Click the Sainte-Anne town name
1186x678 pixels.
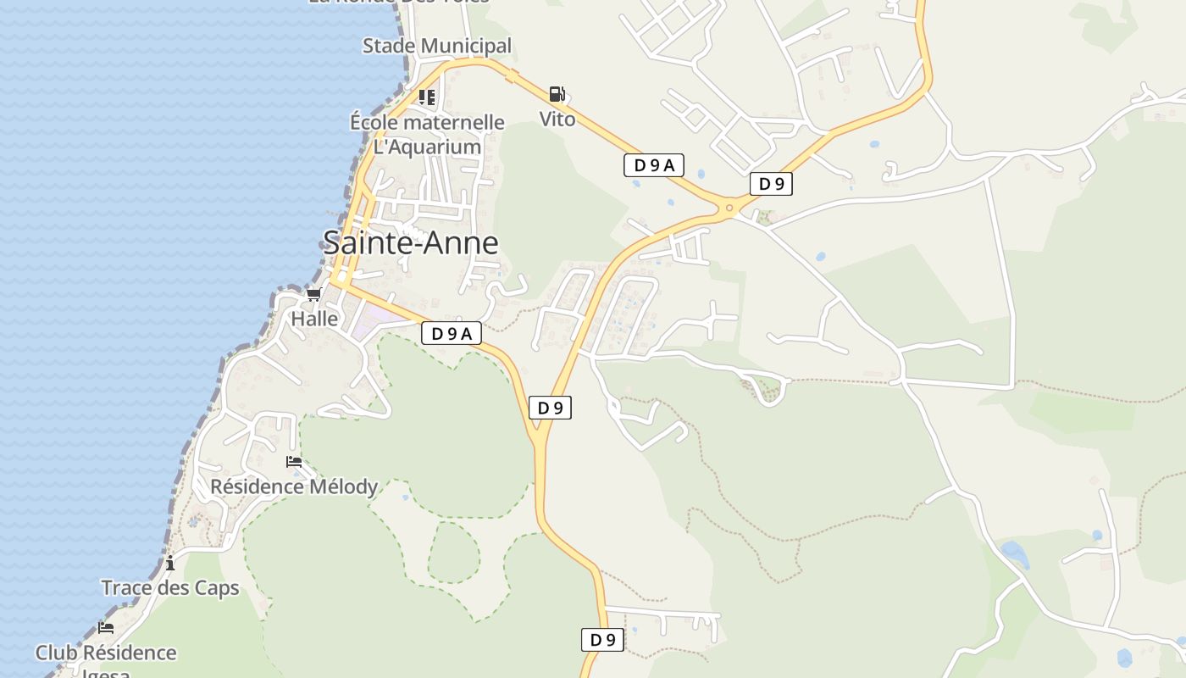(x=411, y=243)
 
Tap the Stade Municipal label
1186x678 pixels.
(x=437, y=46)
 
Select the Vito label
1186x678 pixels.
(x=557, y=119)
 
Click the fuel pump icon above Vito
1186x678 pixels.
(x=557, y=94)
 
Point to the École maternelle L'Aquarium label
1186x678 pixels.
(x=427, y=134)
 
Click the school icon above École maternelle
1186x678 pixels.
(x=427, y=97)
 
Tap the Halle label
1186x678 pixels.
(x=314, y=320)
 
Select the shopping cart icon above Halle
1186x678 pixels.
(x=313, y=294)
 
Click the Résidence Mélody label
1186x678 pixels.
(x=294, y=487)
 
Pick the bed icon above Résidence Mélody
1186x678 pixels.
(x=294, y=462)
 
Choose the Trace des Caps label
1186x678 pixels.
(x=170, y=588)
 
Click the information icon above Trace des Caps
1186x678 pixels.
(x=170, y=563)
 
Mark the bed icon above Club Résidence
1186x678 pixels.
(x=106, y=628)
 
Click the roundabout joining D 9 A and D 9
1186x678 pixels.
(x=729, y=208)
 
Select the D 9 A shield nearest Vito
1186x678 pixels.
(x=653, y=165)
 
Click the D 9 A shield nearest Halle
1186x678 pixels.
(x=452, y=334)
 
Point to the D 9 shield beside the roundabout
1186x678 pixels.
(x=771, y=184)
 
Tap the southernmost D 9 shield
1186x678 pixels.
(x=602, y=640)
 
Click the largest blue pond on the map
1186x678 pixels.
(x=1015, y=554)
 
